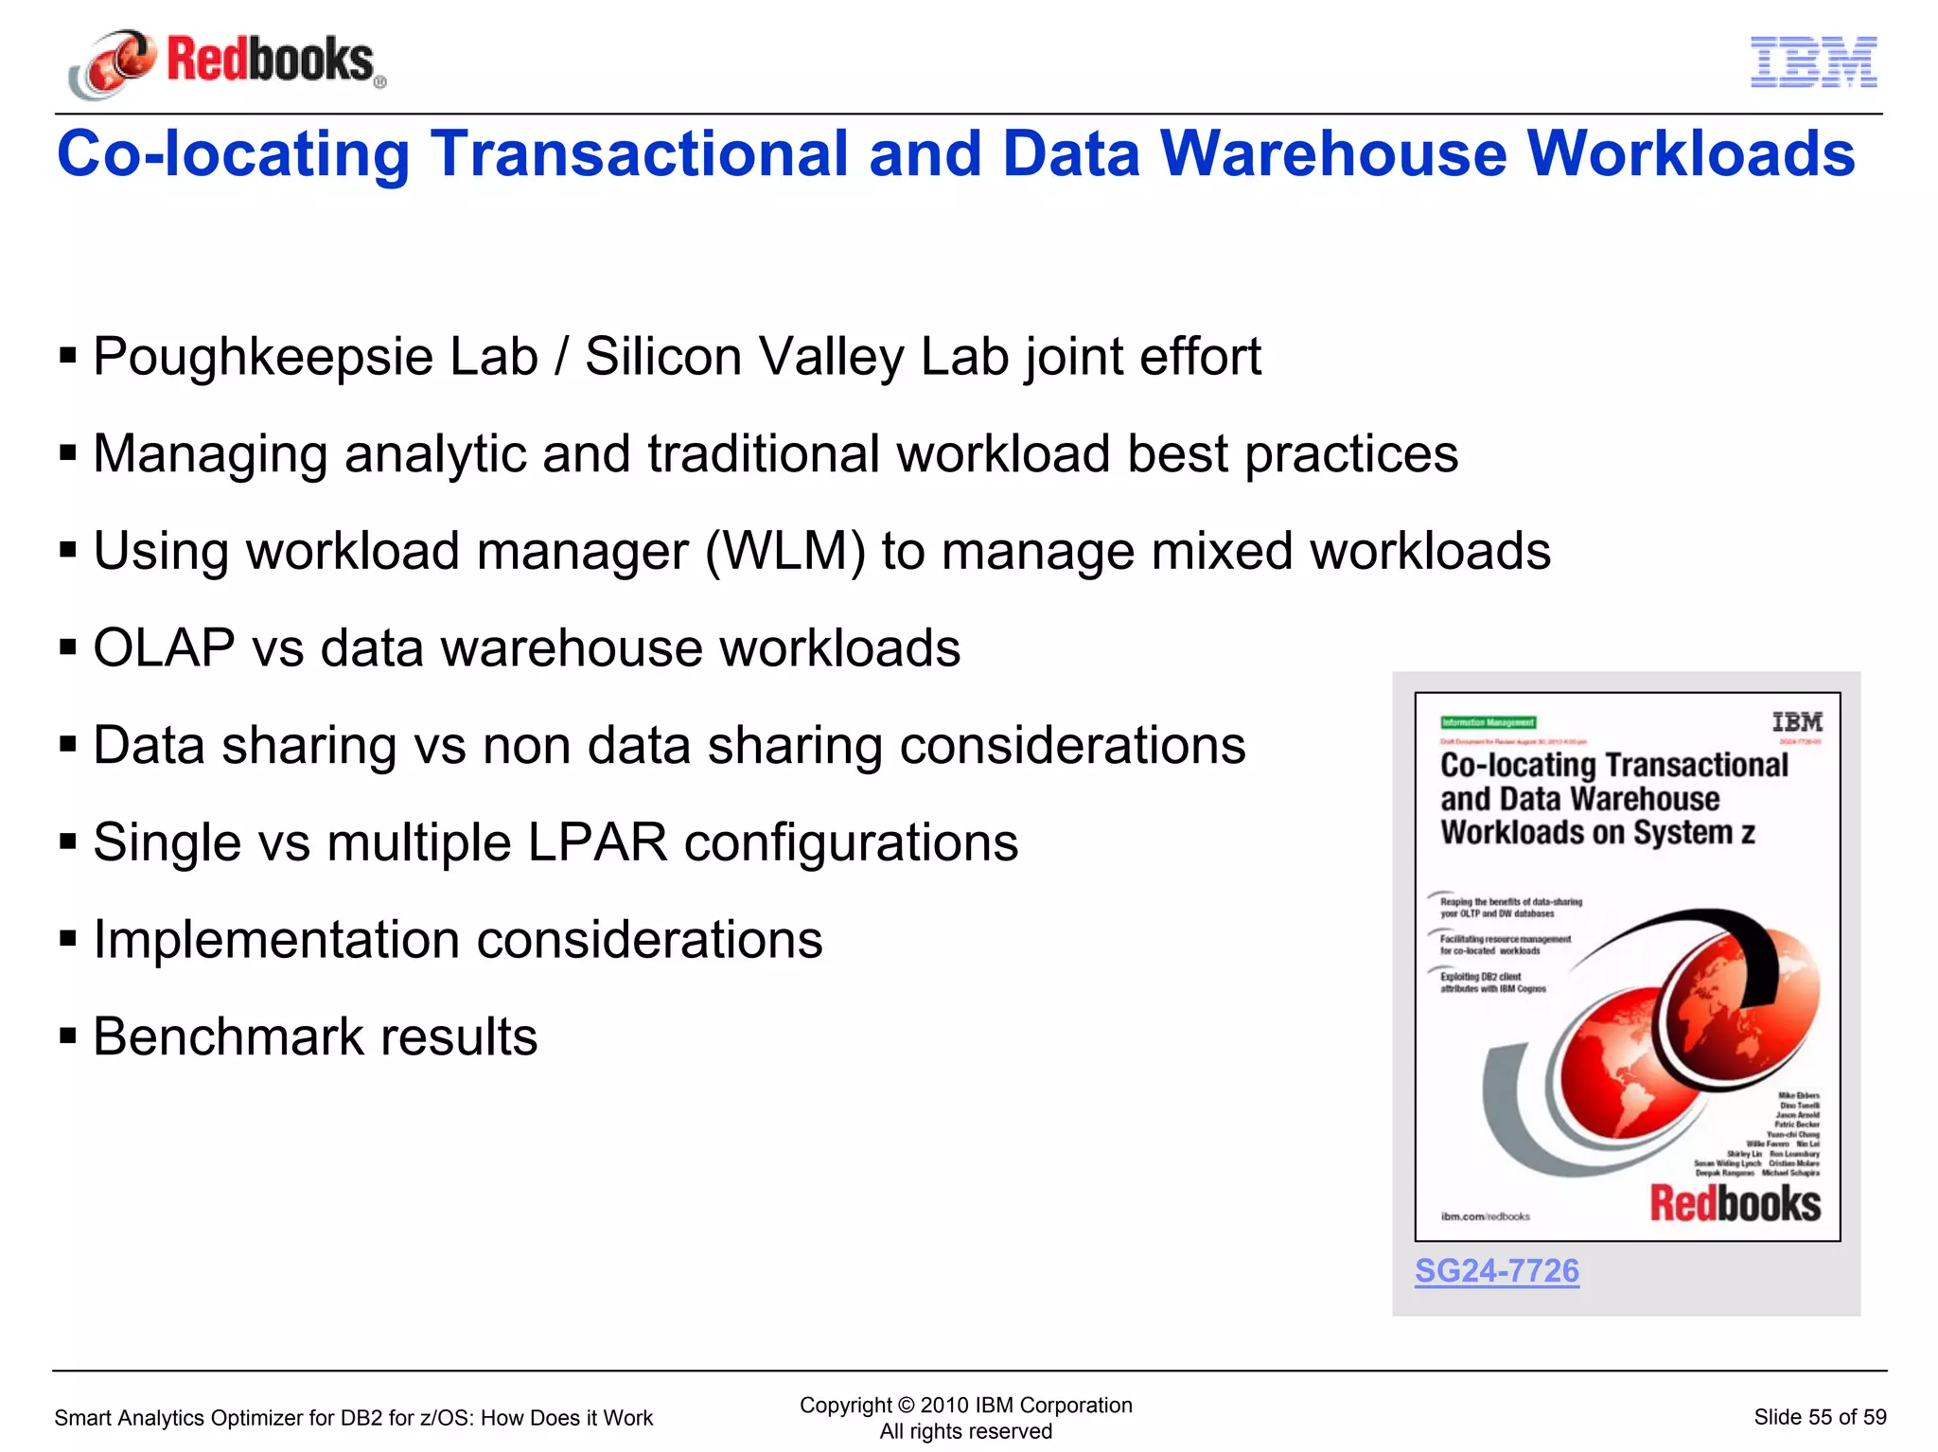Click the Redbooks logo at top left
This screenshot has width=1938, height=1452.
(227, 62)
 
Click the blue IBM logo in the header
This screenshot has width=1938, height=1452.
(1813, 62)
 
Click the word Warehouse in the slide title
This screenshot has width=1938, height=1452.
(1333, 153)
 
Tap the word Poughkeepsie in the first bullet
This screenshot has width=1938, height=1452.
(262, 358)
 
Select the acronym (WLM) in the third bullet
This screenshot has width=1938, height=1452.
(785, 551)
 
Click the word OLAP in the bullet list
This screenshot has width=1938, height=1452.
(164, 648)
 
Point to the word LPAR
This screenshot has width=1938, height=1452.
(597, 842)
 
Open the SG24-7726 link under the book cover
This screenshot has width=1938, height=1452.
(1496, 1270)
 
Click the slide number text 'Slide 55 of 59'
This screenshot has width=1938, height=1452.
(1819, 1417)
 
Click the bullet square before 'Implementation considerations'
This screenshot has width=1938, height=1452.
(67, 940)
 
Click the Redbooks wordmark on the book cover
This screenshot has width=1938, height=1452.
(1735, 1204)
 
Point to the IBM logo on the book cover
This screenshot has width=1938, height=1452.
(1796, 722)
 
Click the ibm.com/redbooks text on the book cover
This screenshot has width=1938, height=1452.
(1485, 1216)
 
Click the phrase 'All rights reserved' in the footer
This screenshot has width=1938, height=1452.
(965, 1431)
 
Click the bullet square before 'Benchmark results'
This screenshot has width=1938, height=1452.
(67, 1036)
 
